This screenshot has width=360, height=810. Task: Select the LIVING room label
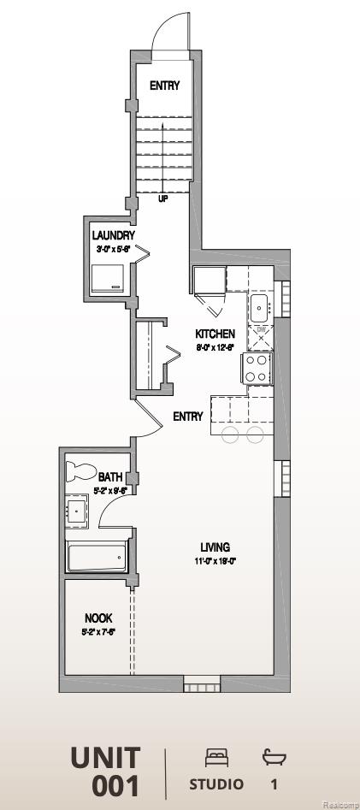click(x=215, y=547)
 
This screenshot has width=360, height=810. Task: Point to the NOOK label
click(x=98, y=618)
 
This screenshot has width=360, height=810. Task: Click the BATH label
click(x=110, y=477)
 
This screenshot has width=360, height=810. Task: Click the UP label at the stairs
click(x=163, y=198)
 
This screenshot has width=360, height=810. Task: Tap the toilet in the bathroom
click(x=80, y=470)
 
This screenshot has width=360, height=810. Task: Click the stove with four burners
click(x=257, y=368)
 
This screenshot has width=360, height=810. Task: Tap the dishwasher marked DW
click(x=261, y=334)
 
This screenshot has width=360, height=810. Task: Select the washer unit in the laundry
click(x=109, y=278)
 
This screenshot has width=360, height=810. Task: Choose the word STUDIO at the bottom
click(x=216, y=784)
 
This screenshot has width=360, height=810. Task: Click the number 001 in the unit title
click(x=115, y=785)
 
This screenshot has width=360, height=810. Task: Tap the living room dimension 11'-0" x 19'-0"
click(x=214, y=562)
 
